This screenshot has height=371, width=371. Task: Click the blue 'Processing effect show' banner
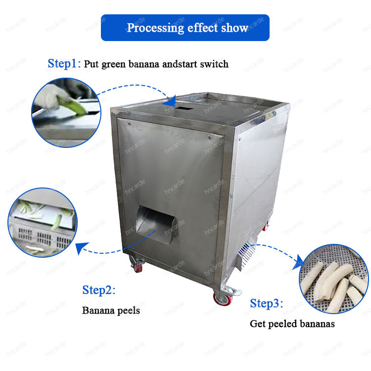pyautogui.click(x=185, y=28)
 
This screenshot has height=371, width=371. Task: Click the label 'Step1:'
pyautogui.click(x=64, y=64)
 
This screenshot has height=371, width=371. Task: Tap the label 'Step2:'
pyautogui.click(x=99, y=290)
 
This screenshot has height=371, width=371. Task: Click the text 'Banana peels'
pyautogui.click(x=111, y=311)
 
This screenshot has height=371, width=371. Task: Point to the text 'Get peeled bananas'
pyautogui.click(x=292, y=324)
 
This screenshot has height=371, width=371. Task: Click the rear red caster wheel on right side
pyautogui.click(x=266, y=227)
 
